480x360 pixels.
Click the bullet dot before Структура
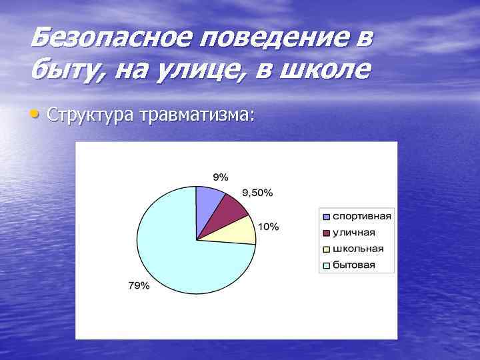(35, 115)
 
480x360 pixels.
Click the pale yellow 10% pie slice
(241, 231)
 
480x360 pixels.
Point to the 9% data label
(220, 177)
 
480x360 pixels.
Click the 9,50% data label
(257, 193)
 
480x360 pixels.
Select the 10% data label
(269, 227)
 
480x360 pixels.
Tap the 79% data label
(139, 286)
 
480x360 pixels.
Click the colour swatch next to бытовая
(327, 265)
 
